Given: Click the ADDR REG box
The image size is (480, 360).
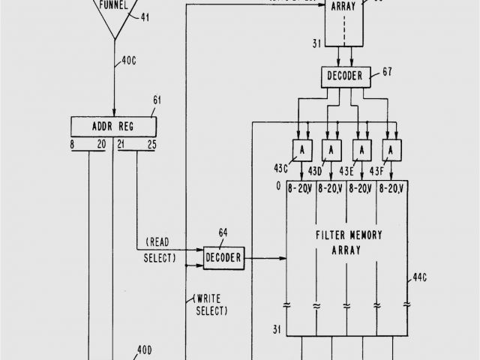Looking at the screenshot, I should tap(114, 125).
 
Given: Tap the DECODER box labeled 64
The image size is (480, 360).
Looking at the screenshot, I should tap(223, 259).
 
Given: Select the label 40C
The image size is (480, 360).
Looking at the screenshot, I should tap(130, 63).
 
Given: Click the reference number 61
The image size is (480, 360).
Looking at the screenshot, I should tap(157, 100).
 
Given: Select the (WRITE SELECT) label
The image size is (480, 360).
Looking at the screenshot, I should tap(212, 304).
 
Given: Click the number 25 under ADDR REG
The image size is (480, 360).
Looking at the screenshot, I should tap(152, 144).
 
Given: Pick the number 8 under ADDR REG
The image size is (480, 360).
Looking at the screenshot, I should tap(73, 144).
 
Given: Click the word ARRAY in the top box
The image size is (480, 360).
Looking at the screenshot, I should tap(346, 6).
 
